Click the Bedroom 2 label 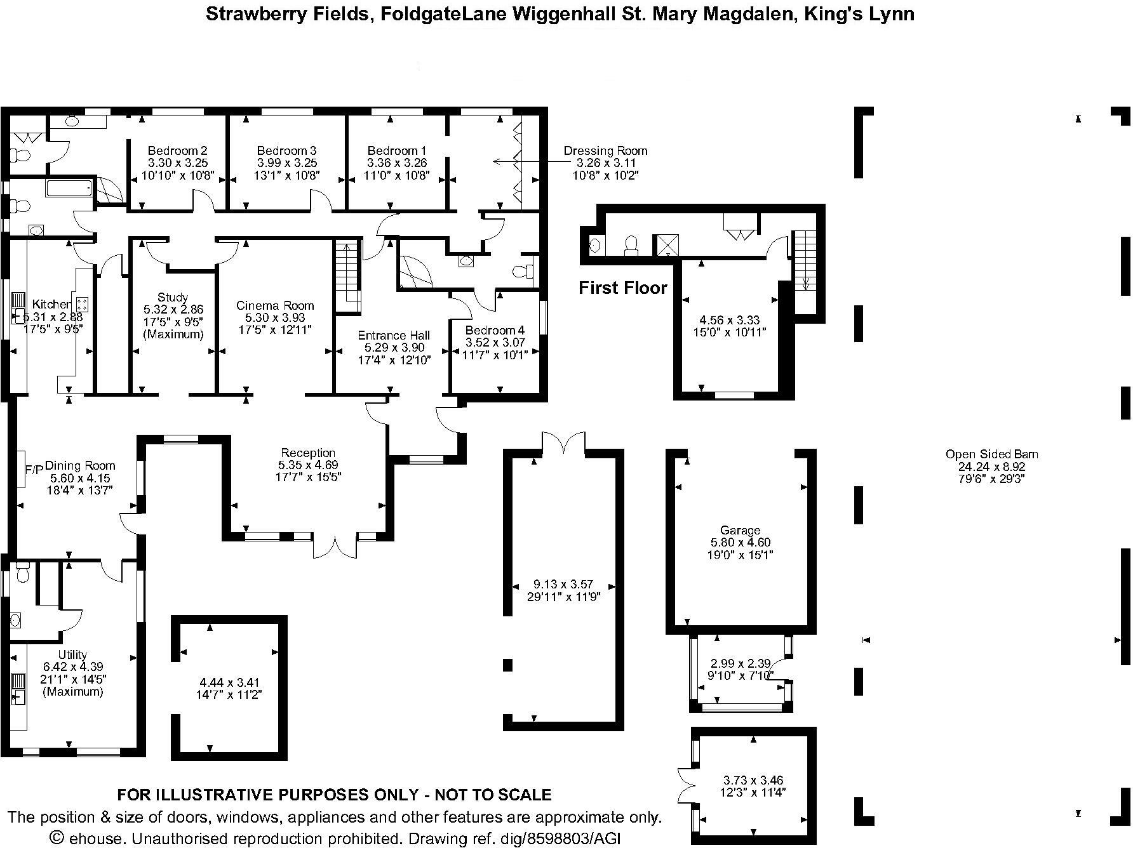pos(177,151)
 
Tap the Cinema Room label pos(275,305)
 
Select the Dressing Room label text pos(605,151)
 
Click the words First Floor pos(622,288)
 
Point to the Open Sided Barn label pos(991,454)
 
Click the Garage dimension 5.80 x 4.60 pos(740,543)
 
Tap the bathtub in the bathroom pos(69,188)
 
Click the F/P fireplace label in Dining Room pos(34,470)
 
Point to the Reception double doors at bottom pos(335,546)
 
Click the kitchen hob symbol pos(82,303)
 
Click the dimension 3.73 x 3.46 pos(753,780)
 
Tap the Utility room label pos(72,655)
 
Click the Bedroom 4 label pos(495,331)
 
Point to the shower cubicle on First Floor pos(667,244)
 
